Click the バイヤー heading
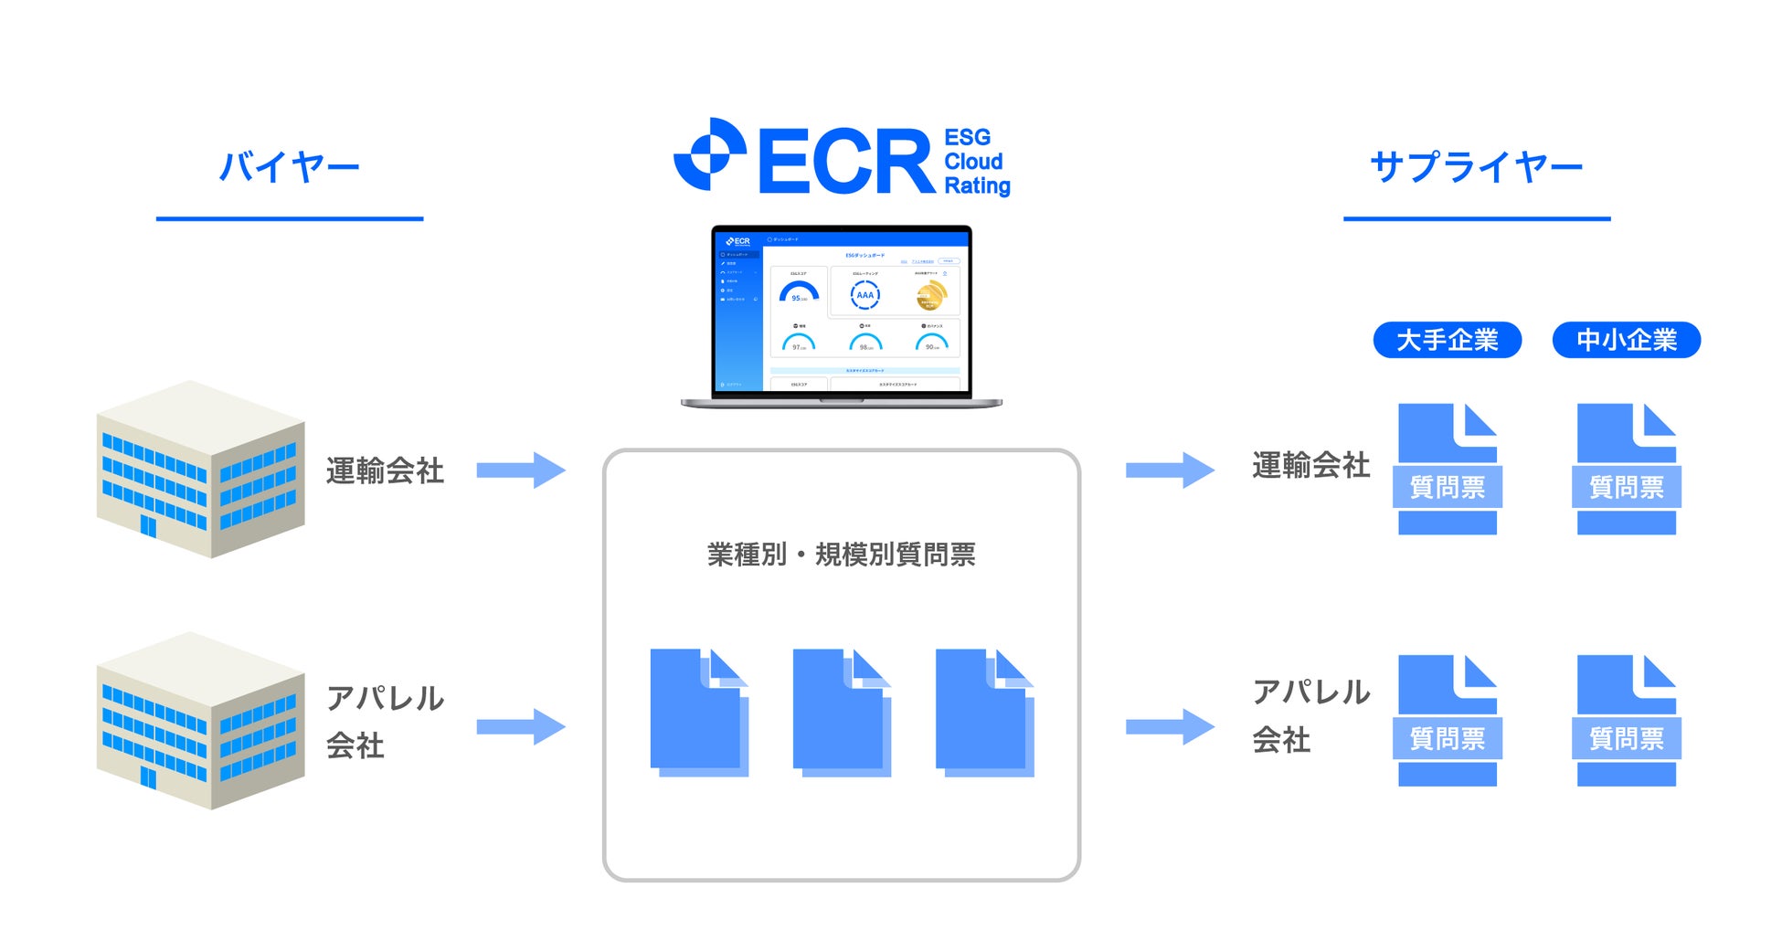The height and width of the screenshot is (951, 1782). (x=289, y=167)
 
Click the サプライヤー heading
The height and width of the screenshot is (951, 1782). (x=1476, y=167)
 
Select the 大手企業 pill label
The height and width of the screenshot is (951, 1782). (x=1447, y=340)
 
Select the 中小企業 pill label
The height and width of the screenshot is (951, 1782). (x=1626, y=340)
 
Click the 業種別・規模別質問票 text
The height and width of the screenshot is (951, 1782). (x=841, y=555)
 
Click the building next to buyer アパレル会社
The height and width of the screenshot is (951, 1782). (x=200, y=721)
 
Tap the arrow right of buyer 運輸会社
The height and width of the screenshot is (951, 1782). (x=521, y=470)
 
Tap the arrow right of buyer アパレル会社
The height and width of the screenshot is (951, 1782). (x=521, y=727)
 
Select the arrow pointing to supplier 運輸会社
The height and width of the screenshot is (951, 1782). (x=1170, y=470)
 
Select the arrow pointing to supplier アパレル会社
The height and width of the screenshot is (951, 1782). (x=1170, y=727)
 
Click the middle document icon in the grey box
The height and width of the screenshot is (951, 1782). (x=841, y=713)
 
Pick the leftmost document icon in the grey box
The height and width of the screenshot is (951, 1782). (x=698, y=713)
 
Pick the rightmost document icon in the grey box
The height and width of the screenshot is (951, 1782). (x=984, y=713)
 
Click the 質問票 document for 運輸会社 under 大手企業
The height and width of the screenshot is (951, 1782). (x=1448, y=470)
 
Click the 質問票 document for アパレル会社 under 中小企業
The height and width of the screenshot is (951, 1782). (x=1627, y=721)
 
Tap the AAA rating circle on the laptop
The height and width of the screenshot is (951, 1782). (x=864, y=295)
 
